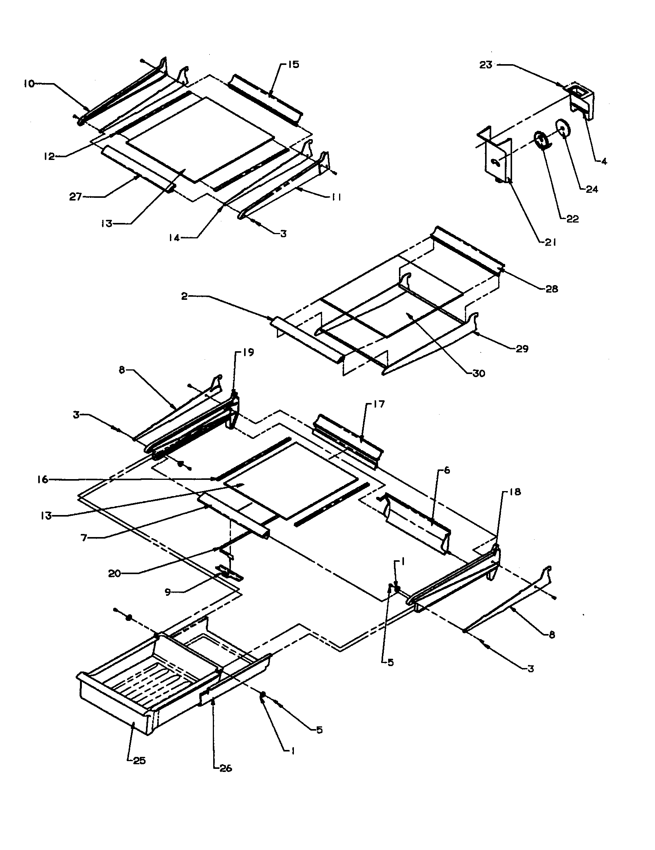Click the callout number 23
pos(485,65)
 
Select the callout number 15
pos(293,65)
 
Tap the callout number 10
pos(29,83)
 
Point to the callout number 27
pos(75,197)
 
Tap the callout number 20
pos(114,573)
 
